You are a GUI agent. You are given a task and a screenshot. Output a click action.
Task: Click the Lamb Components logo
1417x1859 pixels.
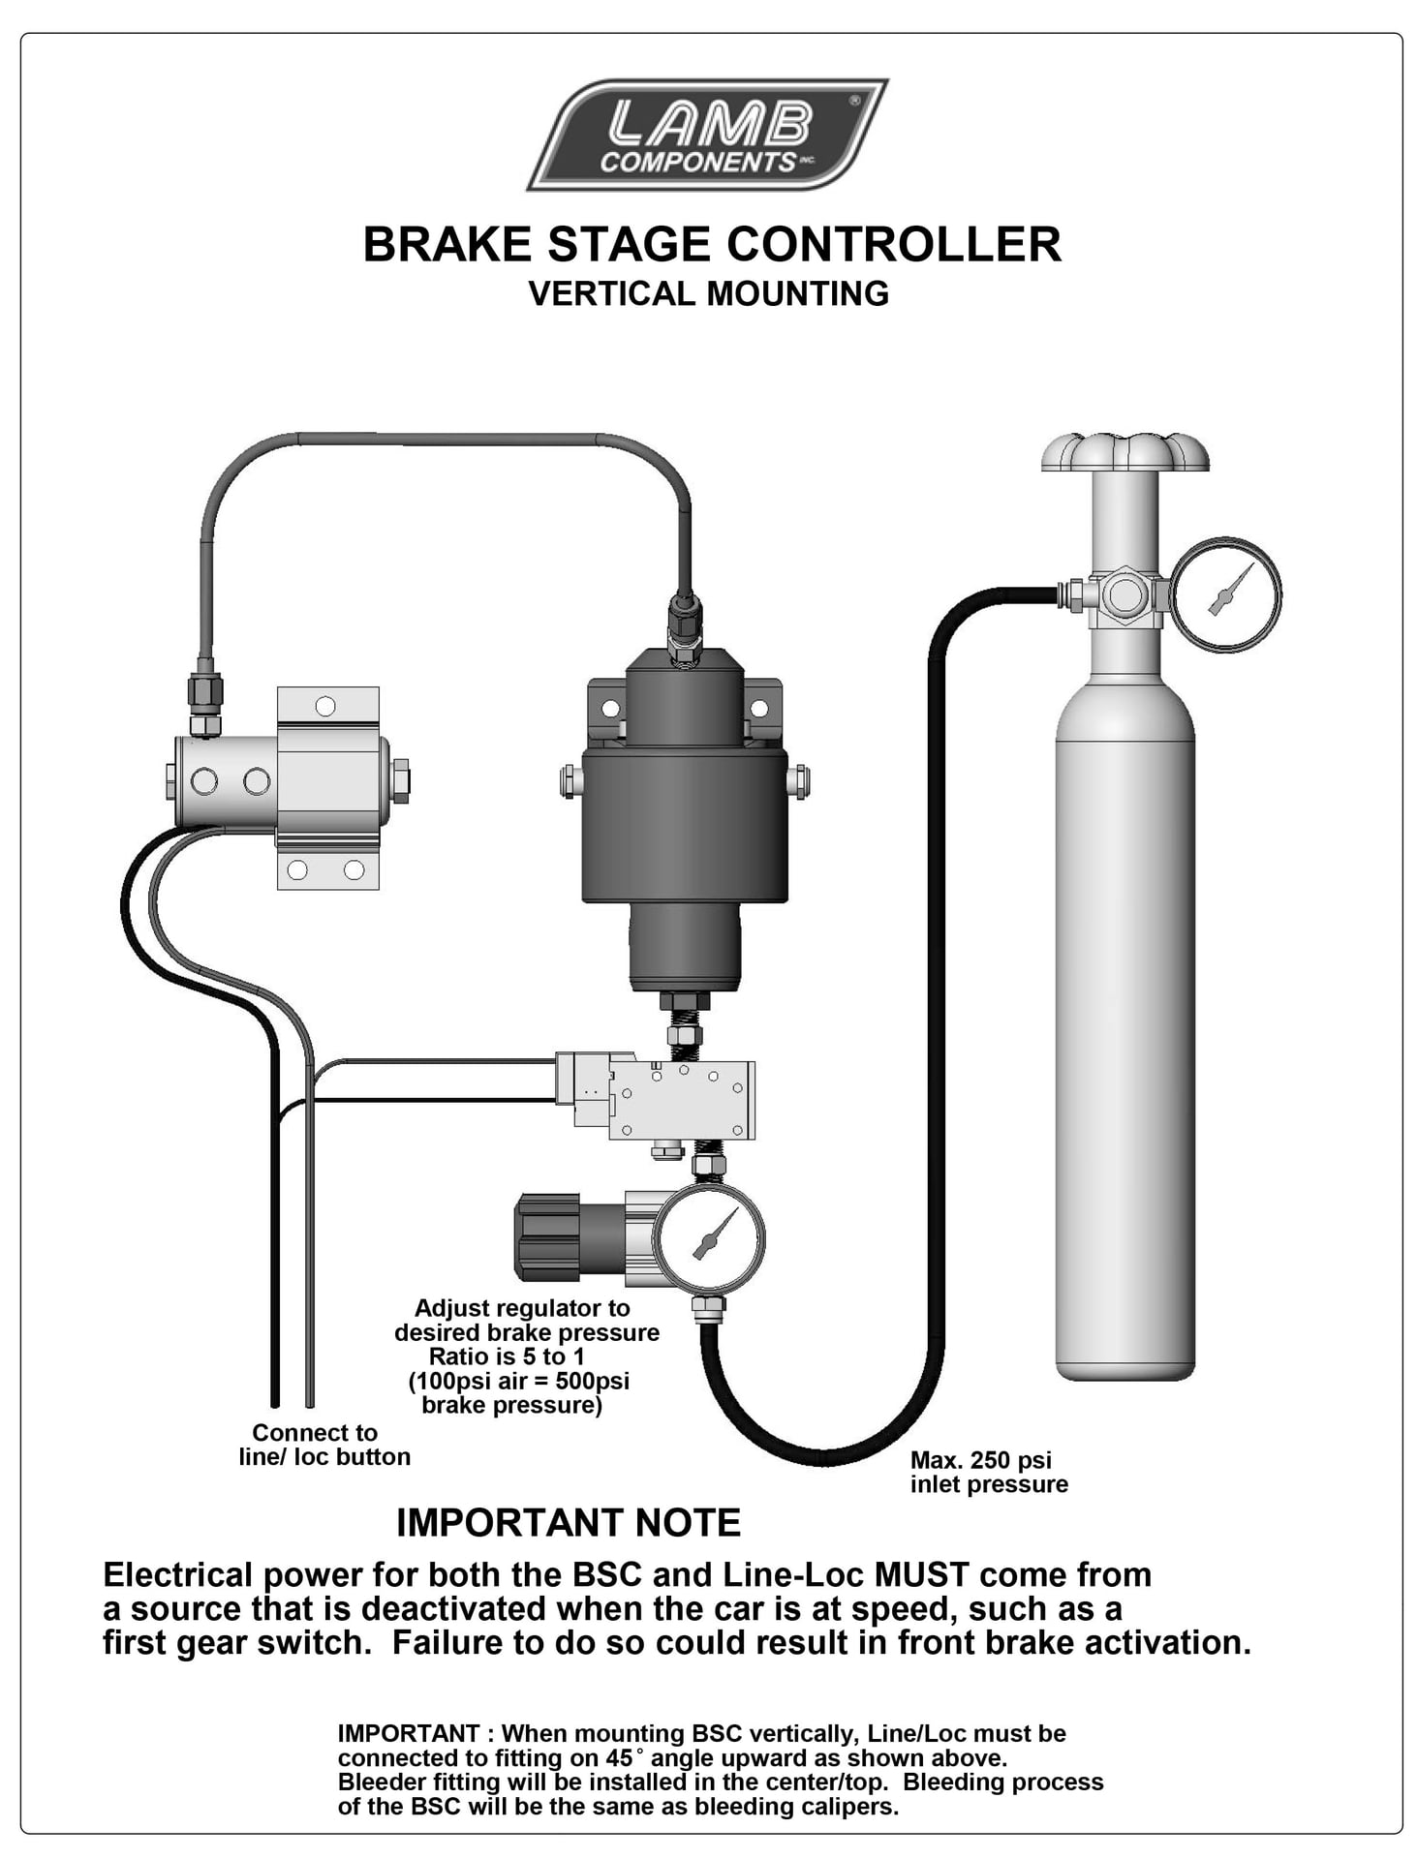click(707, 136)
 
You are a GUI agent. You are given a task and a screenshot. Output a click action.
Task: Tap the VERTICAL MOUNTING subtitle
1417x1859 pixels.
click(708, 293)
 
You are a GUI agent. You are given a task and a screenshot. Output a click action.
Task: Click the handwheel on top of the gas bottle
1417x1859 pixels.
click(1124, 452)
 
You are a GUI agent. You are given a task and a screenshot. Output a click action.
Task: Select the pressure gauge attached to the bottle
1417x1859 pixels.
click(1225, 594)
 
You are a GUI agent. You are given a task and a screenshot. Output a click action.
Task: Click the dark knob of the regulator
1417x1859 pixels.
click(548, 1236)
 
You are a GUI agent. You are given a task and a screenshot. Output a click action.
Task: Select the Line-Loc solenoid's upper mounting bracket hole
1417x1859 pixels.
click(325, 706)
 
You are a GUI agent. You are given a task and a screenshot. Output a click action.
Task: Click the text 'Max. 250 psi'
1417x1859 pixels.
click(980, 1460)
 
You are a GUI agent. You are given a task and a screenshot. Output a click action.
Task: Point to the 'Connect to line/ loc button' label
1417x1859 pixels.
click(323, 1445)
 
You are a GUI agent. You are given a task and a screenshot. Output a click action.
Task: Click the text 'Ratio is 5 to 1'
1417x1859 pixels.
click(507, 1356)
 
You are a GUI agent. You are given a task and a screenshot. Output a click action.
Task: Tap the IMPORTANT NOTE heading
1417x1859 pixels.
click(569, 1523)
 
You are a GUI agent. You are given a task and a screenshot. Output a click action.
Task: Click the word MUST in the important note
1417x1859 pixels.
click(921, 1575)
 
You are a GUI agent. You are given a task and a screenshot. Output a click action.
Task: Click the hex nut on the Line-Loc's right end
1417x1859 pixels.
click(399, 780)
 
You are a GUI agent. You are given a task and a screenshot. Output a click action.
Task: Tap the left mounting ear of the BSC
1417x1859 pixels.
click(608, 708)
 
